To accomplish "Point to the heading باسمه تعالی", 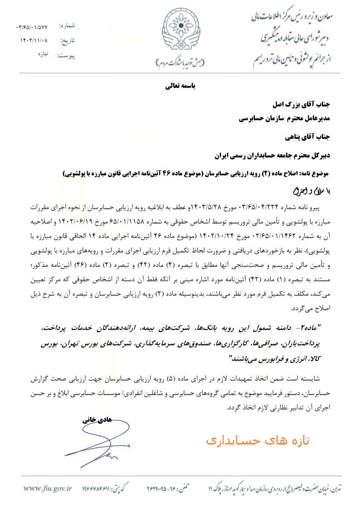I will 180,86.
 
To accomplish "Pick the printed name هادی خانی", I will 96,421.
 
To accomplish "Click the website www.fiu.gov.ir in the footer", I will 48,489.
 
